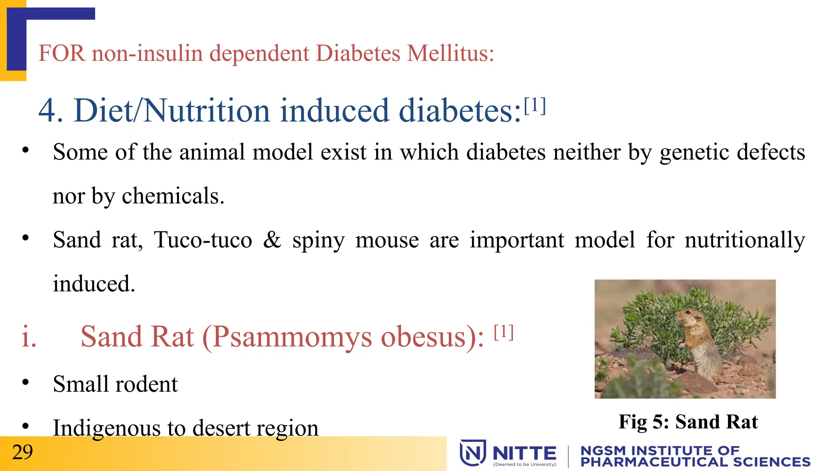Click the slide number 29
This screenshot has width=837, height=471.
(22, 453)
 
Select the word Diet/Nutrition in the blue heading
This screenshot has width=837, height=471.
(171, 110)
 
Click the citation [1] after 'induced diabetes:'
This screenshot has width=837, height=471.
(535, 106)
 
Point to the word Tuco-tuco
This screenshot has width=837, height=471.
(203, 240)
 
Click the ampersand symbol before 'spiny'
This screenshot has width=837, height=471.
(272, 240)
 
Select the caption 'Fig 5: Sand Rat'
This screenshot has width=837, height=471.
(688, 422)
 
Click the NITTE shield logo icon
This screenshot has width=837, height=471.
(473, 453)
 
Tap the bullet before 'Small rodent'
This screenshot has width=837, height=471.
(25, 382)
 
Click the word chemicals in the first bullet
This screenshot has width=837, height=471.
(172, 196)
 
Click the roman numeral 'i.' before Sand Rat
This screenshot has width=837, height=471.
(29, 337)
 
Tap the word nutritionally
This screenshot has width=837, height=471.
(745, 240)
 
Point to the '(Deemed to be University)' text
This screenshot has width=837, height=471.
(525, 464)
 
